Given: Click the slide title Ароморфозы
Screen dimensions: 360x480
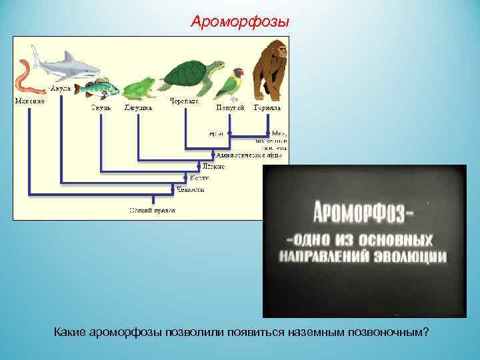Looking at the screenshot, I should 240,22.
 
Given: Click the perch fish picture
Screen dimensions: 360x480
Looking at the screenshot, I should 97,88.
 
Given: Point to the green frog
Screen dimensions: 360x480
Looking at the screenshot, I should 139,87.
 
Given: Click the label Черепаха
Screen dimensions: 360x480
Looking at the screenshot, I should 184,107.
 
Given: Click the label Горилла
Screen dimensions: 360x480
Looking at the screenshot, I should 267,107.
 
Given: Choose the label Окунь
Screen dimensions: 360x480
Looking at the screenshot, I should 101,107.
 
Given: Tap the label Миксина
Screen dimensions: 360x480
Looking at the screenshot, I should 29,101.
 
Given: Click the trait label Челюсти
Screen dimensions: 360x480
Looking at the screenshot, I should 191,190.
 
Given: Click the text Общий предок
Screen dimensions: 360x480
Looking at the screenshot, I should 153,211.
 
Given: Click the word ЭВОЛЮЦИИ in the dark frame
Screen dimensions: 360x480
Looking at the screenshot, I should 409,256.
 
